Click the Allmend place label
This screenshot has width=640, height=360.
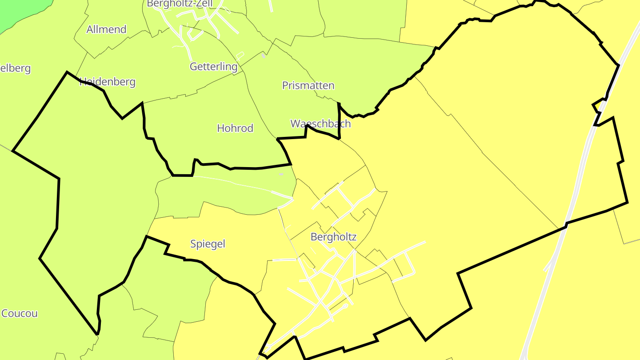coord(106,30)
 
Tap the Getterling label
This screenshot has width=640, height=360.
coord(213,67)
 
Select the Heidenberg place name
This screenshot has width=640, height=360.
coord(108,82)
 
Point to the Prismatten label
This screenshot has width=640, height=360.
coord(308,85)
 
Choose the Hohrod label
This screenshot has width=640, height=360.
coord(235,128)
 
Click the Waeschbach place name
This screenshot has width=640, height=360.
coord(320,124)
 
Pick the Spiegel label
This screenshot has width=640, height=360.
coord(208,244)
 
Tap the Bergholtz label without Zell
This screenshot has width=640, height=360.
coord(333,237)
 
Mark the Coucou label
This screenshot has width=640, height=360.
coord(20,313)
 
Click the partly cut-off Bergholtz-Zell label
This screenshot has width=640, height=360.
coord(180,4)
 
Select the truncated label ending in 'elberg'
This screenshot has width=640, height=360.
coord(16,68)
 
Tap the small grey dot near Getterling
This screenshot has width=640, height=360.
coord(264,56)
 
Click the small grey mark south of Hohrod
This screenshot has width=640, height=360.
coord(281,174)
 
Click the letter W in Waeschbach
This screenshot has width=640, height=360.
coord(295,124)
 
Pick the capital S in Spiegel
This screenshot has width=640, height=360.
coord(193,244)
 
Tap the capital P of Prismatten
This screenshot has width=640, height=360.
coord(285,85)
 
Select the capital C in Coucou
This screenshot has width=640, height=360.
coord(5,313)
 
